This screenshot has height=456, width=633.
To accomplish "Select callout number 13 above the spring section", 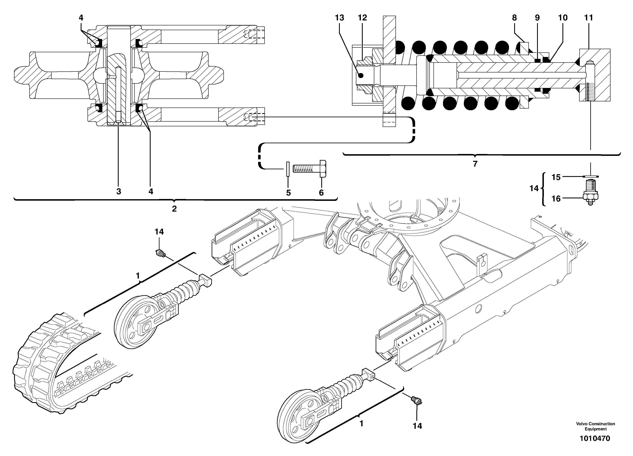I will pos(339,18).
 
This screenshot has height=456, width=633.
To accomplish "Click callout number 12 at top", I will pos(362,18).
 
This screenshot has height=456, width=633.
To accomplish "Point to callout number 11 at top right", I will pos(588,18).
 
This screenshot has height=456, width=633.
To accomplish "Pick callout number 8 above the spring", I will pos(514,18).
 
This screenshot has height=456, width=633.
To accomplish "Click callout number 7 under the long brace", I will pos(475,164).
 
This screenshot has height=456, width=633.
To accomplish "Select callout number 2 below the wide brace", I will pos(174,208).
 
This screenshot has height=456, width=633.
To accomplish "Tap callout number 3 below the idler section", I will pos(119,192).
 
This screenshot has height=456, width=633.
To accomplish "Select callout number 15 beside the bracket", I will pos(556,177).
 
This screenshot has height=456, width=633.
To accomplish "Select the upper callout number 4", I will pos(81,18).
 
